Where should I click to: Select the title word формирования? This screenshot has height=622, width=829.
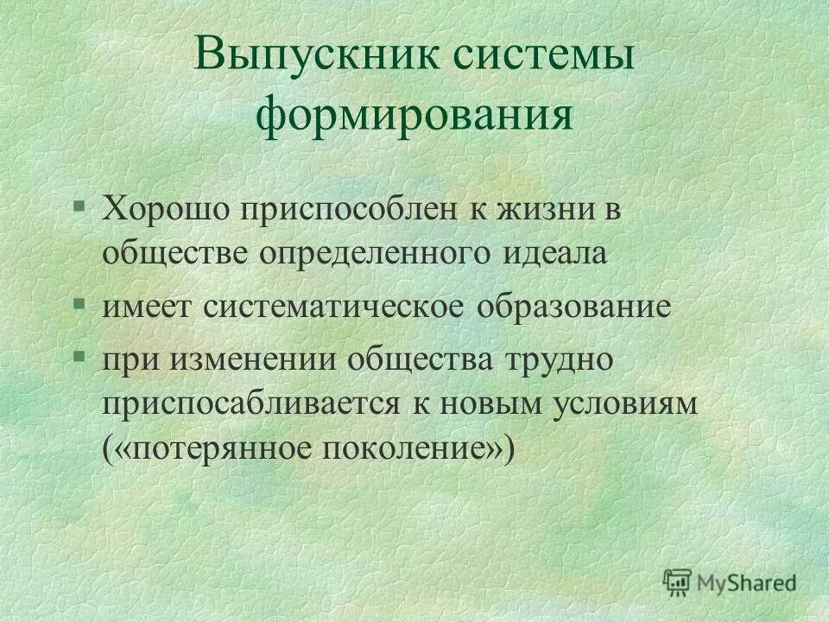click(414, 117)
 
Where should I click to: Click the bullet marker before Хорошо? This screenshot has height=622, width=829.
click(79, 207)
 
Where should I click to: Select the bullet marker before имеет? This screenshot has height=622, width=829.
click(79, 305)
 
